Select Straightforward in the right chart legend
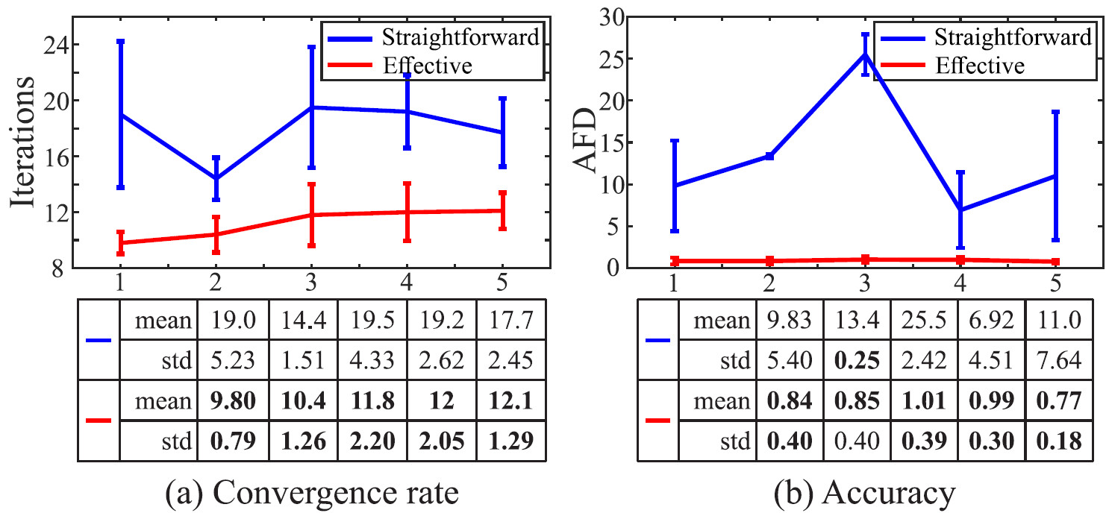pos(1012,36)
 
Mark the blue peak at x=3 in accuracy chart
pos(866,54)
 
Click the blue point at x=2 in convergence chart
pos(216,179)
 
